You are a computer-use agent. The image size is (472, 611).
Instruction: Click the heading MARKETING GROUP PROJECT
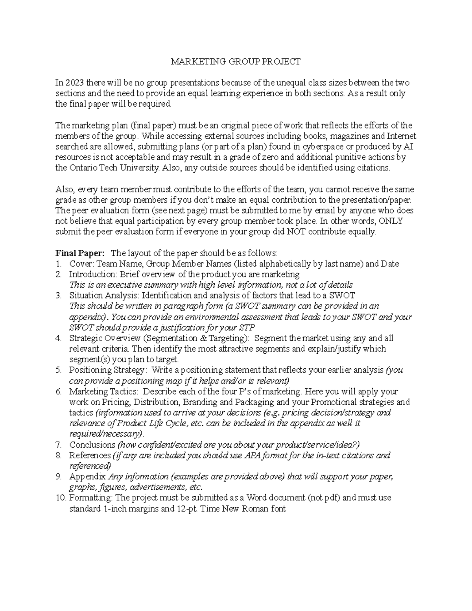(x=235, y=61)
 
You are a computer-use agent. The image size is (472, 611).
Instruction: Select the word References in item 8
(x=90, y=455)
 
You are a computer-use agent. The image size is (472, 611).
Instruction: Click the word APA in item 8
(x=254, y=455)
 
